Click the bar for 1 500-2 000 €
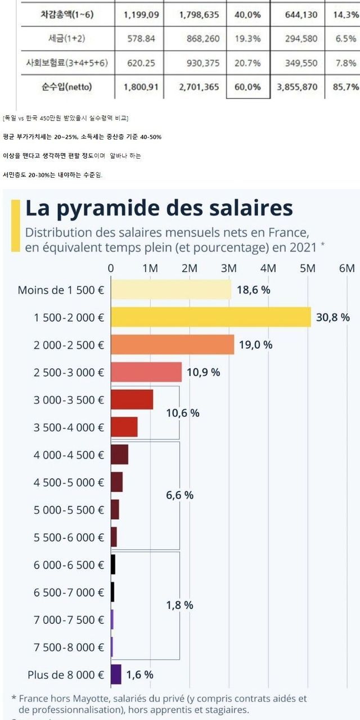tap(211, 317)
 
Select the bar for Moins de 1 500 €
tap(171, 290)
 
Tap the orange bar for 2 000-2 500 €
tap(172, 344)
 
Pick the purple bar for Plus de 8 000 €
tap(116, 674)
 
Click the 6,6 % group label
tap(180, 495)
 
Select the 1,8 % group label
tap(180, 605)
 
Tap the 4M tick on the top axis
tap(268, 268)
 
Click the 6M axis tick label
tap(347, 268)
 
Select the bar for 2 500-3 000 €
tap(146, 372)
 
